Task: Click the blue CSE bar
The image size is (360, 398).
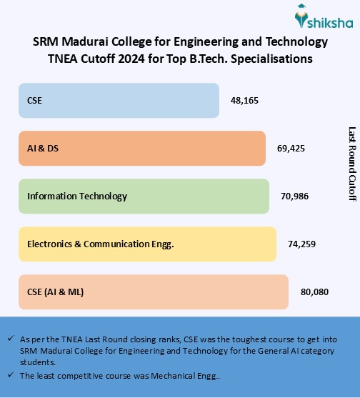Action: click(x=119, y=100)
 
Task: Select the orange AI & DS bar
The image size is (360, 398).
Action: click(x=141, y=148)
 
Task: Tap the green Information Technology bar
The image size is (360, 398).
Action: click(x=144, y=196)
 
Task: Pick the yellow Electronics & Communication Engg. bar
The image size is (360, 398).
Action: click(x=147, y=244)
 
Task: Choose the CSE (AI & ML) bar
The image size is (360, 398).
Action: click(x=153, y=292)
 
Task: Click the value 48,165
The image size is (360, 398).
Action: click(x=244, y=101)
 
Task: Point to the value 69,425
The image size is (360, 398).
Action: click(x=291, y=149)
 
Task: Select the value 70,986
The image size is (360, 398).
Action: click(x=294, y=196)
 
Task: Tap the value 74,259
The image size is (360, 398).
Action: click(x=301, y=244)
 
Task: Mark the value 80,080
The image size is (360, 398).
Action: click(x=314, y=292)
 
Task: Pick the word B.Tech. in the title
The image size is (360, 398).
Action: click(x=237, y=59)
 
